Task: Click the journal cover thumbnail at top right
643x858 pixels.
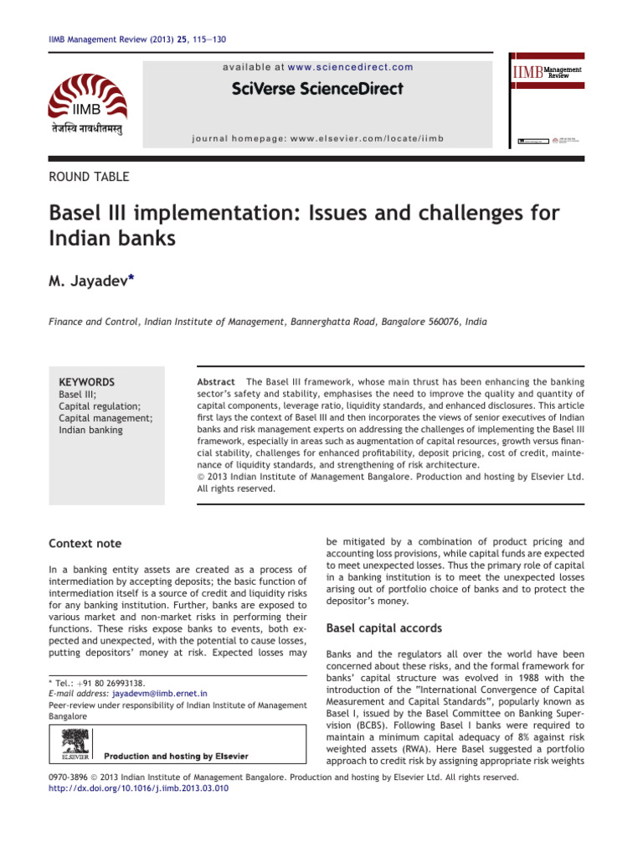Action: coord(548,102)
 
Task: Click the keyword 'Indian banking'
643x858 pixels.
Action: coord(90,430)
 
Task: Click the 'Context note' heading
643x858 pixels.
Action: coord(85,544)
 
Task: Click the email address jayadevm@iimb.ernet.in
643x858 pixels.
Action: coord(150,694)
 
